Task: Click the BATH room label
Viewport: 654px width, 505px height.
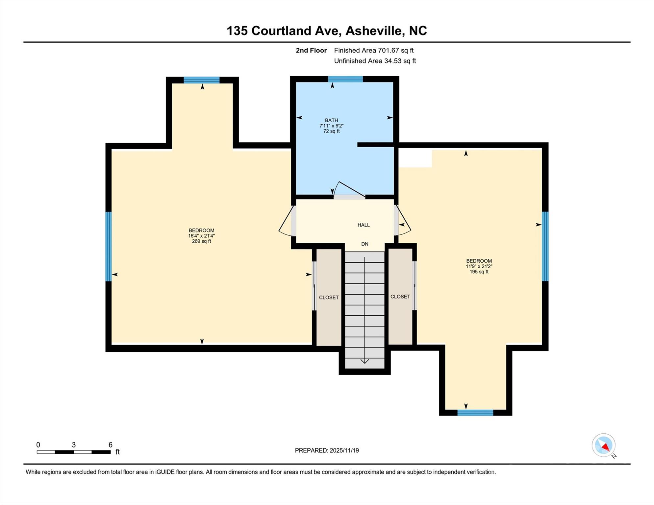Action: click(x=331, y=120)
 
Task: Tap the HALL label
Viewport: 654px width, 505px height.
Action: click(x=364, y=225)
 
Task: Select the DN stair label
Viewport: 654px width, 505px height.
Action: click(x=365, y=244)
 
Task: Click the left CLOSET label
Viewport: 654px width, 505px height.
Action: click(x=329, y=298)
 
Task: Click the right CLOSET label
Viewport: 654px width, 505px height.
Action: click(x=400, y=297)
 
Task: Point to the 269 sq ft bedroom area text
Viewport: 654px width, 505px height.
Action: click(x=201, y=241)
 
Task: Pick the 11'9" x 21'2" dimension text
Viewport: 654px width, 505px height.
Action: click(x=479, y=267)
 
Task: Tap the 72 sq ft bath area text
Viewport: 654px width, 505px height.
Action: click(x=331, y=131)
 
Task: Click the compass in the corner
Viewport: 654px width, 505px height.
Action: click(x=604, y=445)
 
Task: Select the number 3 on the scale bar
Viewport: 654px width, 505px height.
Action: click(x=74, y=445)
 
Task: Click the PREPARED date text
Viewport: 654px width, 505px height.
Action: click(x=327, y=450)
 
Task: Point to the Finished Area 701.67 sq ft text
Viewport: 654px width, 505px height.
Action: click(x=374, y=50)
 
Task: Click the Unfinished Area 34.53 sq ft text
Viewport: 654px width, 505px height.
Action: click(x=375, y=61)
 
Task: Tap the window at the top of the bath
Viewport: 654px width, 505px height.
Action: click(x=345, y=79)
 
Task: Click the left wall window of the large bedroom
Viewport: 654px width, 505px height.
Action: click(x=109, y=246)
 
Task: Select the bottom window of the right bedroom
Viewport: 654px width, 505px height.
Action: click(x=475, y=413)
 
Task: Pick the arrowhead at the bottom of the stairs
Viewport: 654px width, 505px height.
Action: click(x=365, y=361)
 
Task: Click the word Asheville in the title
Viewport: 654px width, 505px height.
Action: click(x=374, y=31)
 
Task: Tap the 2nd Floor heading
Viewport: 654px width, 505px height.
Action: click(x=311, y=50)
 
